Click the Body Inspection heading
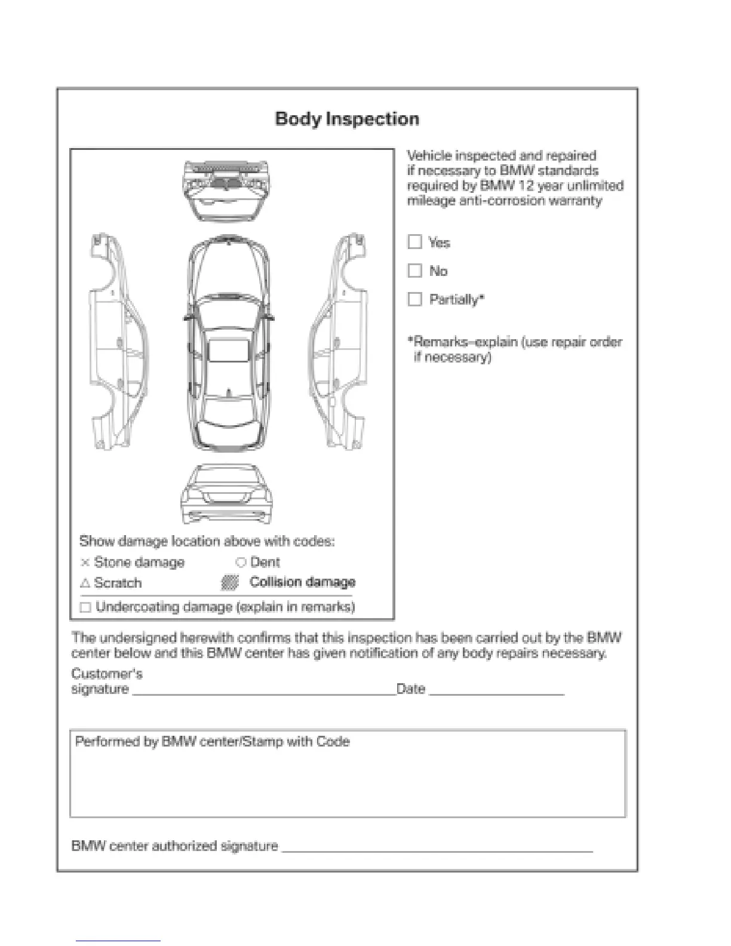[x=347, y=119]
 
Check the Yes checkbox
[x=414, y=242]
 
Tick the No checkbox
[x=414, y=271]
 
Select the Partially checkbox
[x=414, y=299]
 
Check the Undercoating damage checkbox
[x=85, y=607]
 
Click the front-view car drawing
[x=226, y=191]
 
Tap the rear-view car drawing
[x=226, y=495]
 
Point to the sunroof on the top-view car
[x=228, y=351]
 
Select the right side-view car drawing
[x=339, y=342]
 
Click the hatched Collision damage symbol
[x=230, y=583]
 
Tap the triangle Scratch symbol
[x=85, y=583]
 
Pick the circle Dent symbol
[x=241, y=563]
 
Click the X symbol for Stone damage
[x=85, y=563]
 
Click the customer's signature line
[x=263, y=694]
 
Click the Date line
[x=496, y=694]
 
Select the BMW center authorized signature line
[x=437, y=850]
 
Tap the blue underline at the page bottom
[x=118, y=941]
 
